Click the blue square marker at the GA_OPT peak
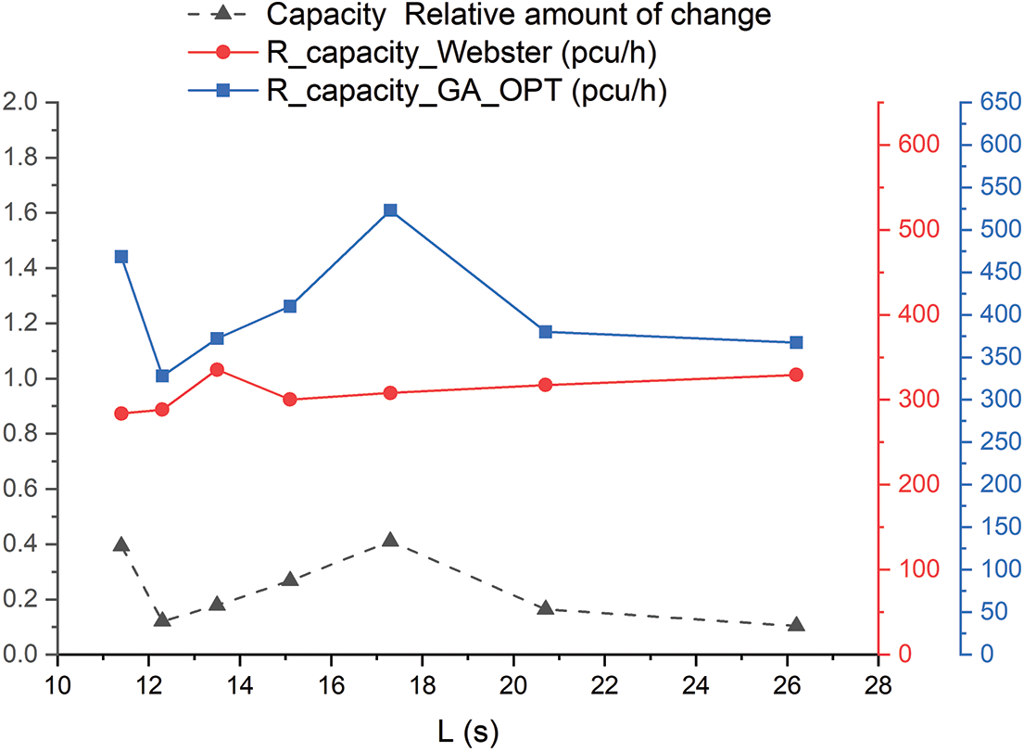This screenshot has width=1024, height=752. [390, 210]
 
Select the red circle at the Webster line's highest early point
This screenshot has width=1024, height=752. [217, 369]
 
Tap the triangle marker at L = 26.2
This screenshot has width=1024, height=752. [796, 625]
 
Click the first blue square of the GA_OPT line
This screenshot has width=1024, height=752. [121, 257]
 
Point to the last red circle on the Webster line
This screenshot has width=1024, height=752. [796, 375]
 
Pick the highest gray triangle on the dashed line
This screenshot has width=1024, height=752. [390, 540]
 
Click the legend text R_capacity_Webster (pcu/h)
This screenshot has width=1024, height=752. [461, 54]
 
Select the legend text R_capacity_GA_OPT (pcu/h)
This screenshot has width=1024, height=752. [467, 90]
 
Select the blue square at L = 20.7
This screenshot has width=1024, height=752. [545, 332]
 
